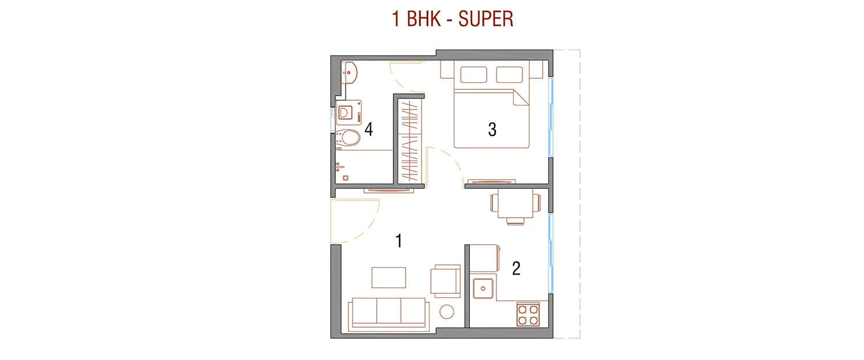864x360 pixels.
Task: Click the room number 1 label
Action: click(x=398, y=241)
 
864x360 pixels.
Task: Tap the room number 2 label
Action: click(x=516, y=268)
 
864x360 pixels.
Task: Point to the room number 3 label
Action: click(x=492, y=130)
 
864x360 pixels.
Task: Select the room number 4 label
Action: click(x=369, y=130)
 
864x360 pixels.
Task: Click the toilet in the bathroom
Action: click(x=347, y=137)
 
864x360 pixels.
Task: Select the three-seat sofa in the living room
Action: click(x=389, y=312)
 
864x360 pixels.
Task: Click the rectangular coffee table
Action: click(x=389, y=277)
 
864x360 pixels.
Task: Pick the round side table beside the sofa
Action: click(x=448, y=312)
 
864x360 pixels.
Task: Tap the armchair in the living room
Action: click(x=446, y=281)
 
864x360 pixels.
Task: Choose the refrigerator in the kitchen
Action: click(x=484, y=257)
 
